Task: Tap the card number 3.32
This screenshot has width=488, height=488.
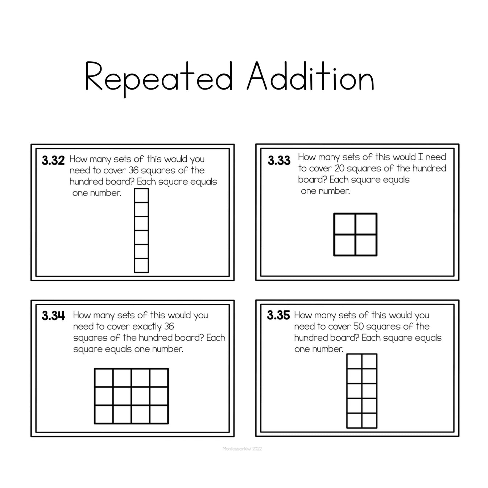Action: pyautogui.click(x=53, y=160)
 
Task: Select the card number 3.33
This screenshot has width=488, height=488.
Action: pyautogui.click(x=279, y=160)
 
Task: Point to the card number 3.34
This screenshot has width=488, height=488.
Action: pyautogui.click(x=53, y=316)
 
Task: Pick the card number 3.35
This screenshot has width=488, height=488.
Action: pyautogui.click(x=278, y=315)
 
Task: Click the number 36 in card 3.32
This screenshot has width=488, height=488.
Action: pyautogui.click(x=133, y=170)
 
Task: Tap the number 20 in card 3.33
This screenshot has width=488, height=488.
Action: pyautogui.click(x=339, y=168)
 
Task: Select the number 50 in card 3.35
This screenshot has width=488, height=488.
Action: pyautogui.click(x=358, y=326)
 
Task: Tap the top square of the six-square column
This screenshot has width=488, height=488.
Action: pyautogui.click(x=141, y=195)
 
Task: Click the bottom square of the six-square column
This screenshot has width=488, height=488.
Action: pyautogui.click(x=141, y=265)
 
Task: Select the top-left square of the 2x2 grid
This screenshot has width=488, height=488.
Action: pyautogui.click(x=344, y=224)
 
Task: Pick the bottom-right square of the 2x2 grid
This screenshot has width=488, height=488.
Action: pyautogui.click(x=366, y=245)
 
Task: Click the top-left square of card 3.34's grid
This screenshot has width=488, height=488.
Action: pyautogui.click(x=104, y=378)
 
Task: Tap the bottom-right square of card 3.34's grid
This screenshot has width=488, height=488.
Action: pyautogui.click(x=159, y=414)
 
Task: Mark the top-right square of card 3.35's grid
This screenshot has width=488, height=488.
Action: pyautogui.click(x=369, y=361)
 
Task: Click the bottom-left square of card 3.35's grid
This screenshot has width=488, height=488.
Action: pyautogui.click(x=354, y=421)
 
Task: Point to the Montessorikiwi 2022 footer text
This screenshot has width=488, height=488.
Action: pyautogui.click(x=242, y=449)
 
